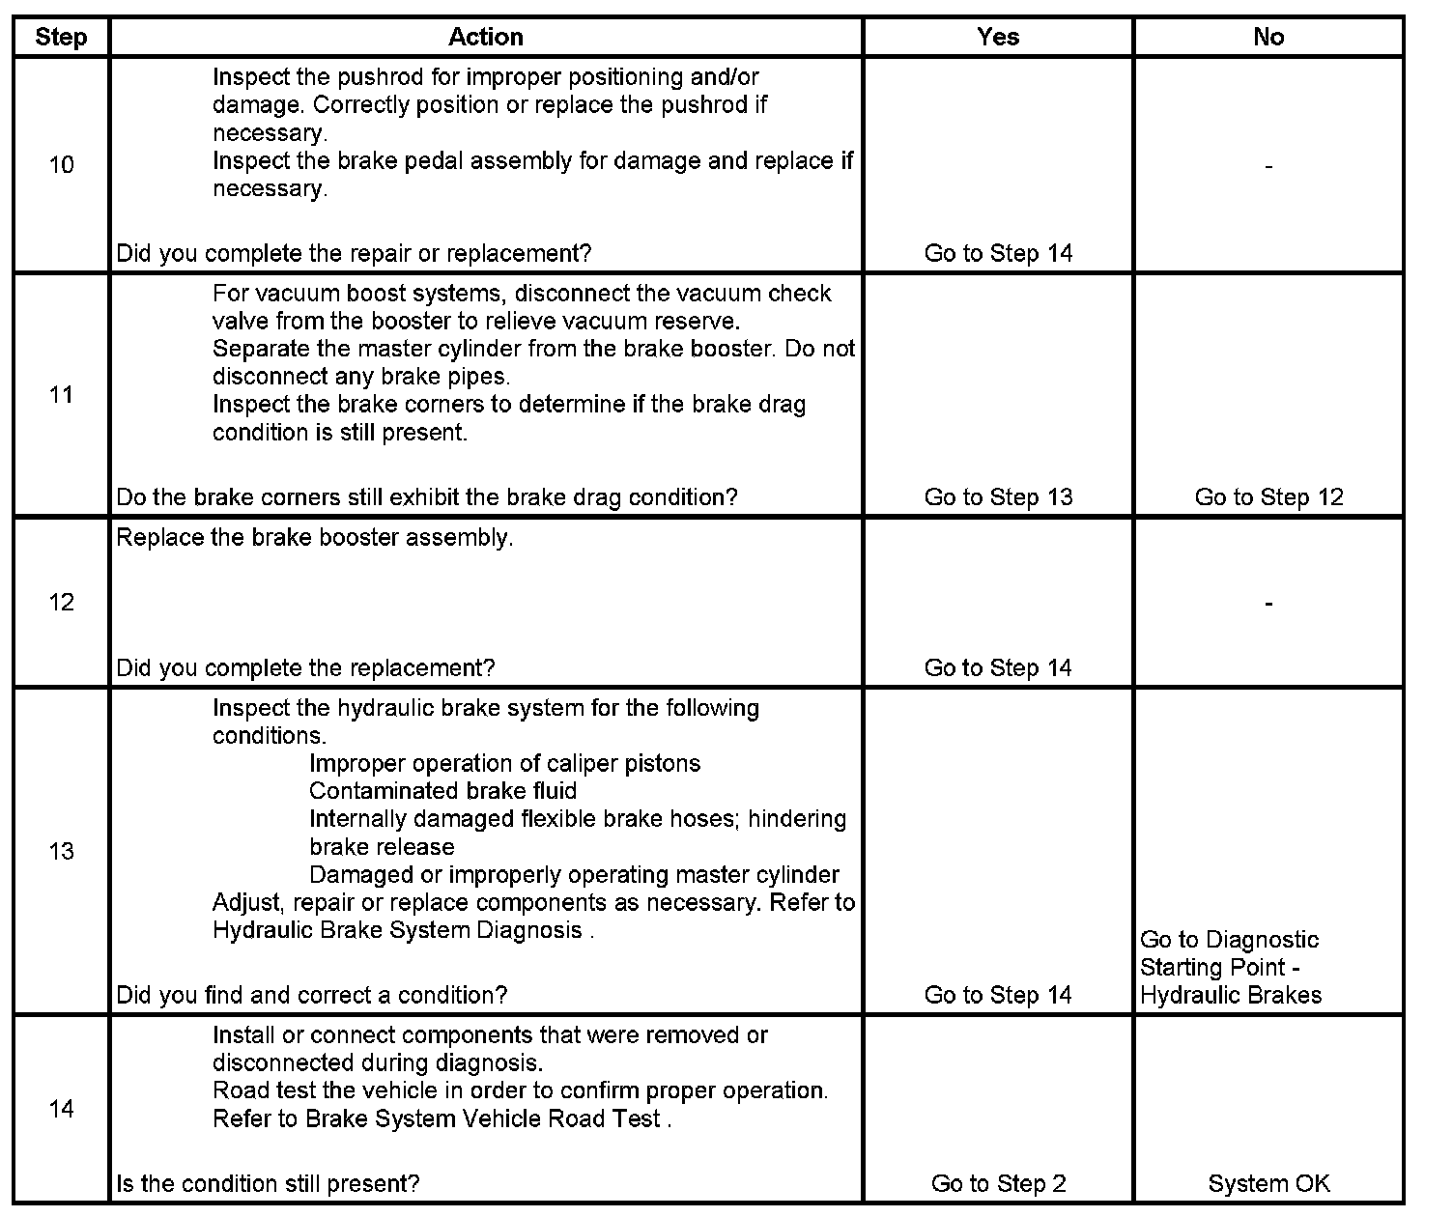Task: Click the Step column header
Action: click(61, 38)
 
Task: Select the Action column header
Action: click(485, 38)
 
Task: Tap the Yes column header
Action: click(998, 38)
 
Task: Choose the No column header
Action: click(1268, 38)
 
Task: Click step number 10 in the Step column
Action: click(61, 165)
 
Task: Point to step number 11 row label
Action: click(61, 395)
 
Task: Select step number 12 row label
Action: click(61, 603)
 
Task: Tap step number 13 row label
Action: click(61, 852)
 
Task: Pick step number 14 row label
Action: click(61, 1109)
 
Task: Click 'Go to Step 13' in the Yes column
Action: click(998, 497)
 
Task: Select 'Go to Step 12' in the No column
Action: click(1268, 497)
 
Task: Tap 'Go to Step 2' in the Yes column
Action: click(998, 1183)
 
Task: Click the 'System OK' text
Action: click(1268, 1183)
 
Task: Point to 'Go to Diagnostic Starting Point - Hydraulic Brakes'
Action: click(1230, 968)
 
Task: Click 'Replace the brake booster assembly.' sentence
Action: click(315, 538)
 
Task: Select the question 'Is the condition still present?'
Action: click(268, 1183)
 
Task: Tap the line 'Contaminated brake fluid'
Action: click(442, 791)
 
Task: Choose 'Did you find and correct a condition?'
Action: click(311, 995)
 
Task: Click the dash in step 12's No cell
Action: click(1268, 604)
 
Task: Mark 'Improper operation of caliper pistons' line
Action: click(504, 763)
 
